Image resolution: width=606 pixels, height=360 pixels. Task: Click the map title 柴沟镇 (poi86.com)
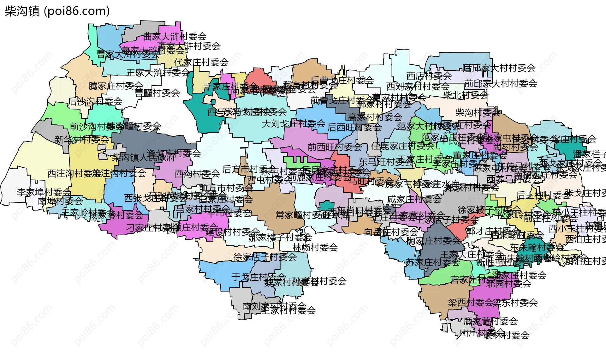coord(57,11)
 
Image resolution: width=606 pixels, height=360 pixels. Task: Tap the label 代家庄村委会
coord(201,62)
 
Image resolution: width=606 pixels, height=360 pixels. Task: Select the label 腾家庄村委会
coord(116,86)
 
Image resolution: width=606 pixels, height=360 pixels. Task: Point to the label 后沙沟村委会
coord(95,101)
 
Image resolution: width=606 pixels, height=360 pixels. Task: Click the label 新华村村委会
coord(82,140)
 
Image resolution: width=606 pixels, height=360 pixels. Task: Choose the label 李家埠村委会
coord(44,192)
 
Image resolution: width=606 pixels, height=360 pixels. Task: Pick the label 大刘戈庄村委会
coord(294,124)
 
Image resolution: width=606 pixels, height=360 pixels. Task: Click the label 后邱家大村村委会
coord(499,68)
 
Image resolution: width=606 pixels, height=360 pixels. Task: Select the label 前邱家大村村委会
coord(501,84)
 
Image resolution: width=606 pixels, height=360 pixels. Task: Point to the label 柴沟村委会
coord(478,112)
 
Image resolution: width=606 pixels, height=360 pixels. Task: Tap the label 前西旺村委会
coord(335,147)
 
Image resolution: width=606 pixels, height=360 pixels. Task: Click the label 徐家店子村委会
coord(265,257)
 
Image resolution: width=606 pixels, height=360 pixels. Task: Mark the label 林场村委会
coord(315,247)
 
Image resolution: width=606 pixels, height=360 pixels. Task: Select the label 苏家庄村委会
coord(433,262)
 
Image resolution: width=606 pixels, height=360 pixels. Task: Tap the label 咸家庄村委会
coord(414,199)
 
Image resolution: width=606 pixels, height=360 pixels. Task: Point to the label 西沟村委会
coord(197,174)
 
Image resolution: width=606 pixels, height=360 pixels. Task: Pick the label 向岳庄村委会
coord(391,232)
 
